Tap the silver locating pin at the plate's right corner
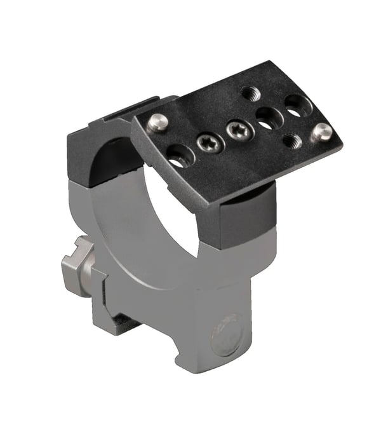[323, 132]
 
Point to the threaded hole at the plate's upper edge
[250, 93]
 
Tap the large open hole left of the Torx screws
[180, 154]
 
